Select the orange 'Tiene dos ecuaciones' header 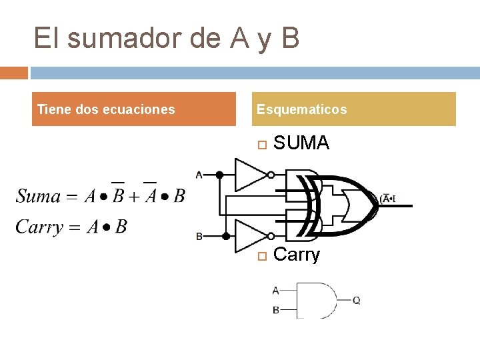(x=106, y=109)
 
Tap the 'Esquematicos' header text (x=301, y=109)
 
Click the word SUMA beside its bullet (x=301, y=143)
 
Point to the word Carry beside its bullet (x=297, y=255)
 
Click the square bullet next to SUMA (x=261, y=144)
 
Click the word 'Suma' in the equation (x=38, y=196)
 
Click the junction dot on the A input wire (x=219, y=175)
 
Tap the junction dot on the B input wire (x=226, y=236)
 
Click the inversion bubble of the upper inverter (x=270, y=175)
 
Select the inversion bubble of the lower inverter (x=270, y=236)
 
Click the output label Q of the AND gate (x=357, y=301)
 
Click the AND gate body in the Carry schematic (x=315, y=300)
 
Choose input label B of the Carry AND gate (x=276, y=310)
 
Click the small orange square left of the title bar (x=14, y=73)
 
